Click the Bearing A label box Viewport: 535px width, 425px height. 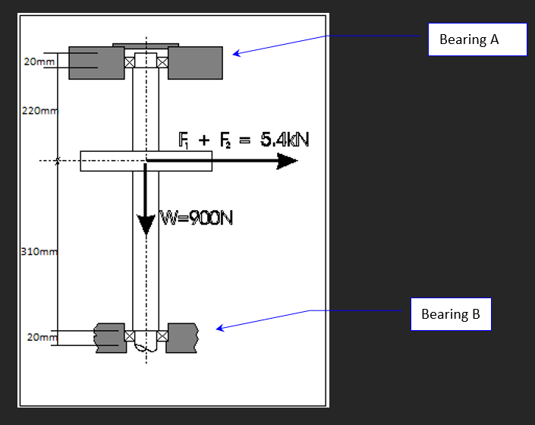point(477,39)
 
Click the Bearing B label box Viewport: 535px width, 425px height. point(451,313)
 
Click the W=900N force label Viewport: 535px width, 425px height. point(196,219)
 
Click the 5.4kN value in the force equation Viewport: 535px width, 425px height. point(285,140)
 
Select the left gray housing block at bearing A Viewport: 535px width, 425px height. point(96,63)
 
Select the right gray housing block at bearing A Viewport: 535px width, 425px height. point(195,63)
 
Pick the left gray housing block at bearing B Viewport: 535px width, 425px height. point(109,338)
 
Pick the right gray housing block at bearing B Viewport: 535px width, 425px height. point(182,338)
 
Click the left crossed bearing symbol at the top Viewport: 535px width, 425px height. point(129,62)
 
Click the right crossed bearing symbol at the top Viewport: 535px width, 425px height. point(162,62)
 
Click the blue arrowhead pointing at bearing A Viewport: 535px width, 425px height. point(236,53)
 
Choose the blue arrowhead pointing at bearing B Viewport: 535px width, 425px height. point(220,328)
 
